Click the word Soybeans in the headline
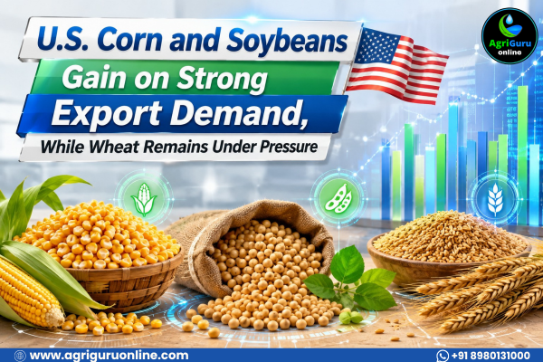287,42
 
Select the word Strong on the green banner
222,79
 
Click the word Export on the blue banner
107,114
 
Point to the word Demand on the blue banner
238,114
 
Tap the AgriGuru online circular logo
510,36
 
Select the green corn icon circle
144,198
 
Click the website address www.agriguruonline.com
110,356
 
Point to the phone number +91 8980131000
490,356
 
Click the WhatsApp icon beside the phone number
443,356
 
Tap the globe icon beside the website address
20,356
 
